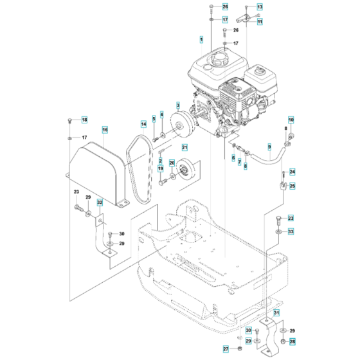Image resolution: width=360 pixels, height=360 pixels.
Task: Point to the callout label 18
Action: click(x=84, y=120)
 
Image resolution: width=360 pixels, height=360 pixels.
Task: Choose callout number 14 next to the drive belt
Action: click(x=144, y=123)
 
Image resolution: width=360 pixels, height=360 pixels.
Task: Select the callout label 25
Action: click(x=292, y=186)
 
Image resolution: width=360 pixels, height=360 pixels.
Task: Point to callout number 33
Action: click(x=290, y=231)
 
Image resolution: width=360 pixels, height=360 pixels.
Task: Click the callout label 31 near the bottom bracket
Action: click(x=277, y=312)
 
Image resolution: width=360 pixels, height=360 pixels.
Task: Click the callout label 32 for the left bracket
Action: click(x=100, y=202)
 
